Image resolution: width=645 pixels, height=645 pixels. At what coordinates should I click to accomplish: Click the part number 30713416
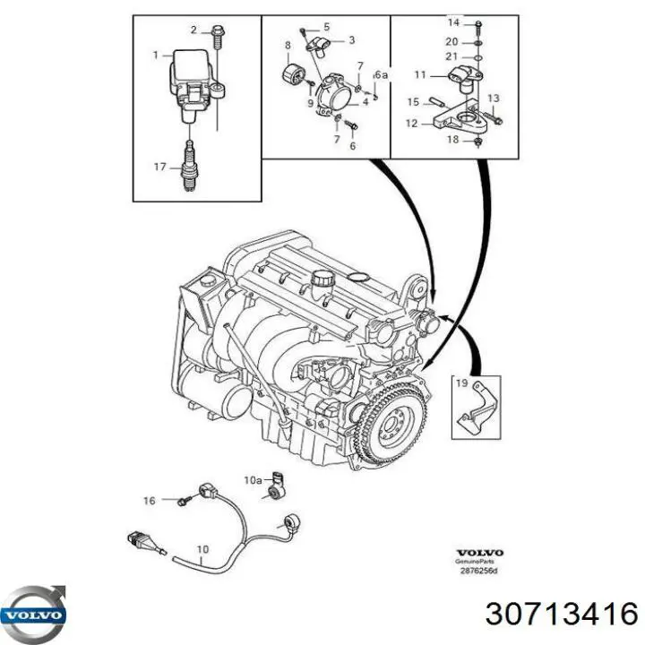pos(562,614)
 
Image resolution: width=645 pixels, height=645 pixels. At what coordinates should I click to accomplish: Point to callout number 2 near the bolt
pos(193,30)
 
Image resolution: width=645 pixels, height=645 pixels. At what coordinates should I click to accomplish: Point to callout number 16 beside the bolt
pos(150,500)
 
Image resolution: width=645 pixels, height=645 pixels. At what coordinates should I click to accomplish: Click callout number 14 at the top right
pos(452,21)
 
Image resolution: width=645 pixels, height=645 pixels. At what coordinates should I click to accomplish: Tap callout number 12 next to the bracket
pos(413,124)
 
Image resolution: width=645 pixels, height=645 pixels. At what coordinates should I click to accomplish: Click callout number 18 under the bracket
pos(453,141)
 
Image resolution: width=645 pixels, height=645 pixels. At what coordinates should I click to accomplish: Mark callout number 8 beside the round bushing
pos(288,45)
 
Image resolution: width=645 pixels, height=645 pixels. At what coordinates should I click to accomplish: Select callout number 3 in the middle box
pos(351,39)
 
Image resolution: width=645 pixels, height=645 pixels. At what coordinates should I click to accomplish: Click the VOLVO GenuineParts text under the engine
pos(480,557)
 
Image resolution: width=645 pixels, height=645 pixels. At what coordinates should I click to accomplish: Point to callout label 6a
pos(382,74)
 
